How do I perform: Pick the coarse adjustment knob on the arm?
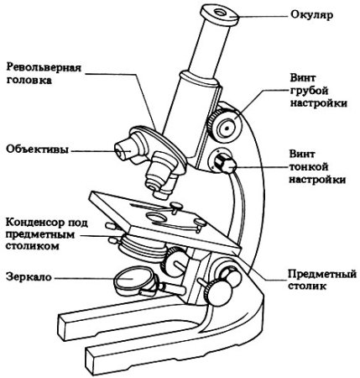click(224, 126)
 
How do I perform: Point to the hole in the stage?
click(157, 218)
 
